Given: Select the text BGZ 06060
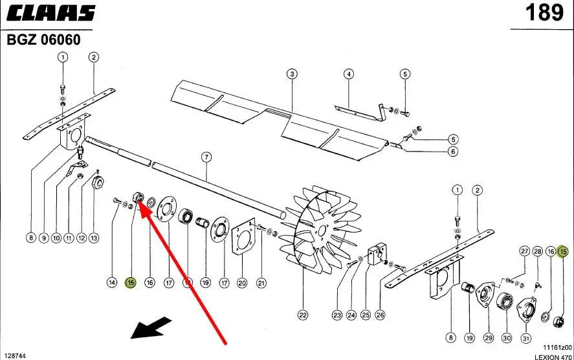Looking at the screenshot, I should (44, 40).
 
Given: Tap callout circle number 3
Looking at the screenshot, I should (293, 74).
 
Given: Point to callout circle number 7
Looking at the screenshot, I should (206, 157).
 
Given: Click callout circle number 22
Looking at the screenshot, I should (302, 315).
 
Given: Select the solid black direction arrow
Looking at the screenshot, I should (151, 328).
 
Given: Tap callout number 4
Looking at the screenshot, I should (349, 74).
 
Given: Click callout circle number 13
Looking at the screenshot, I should (94, 238).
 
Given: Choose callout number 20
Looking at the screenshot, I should (242, 282).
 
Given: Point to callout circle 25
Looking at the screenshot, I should (366, 315).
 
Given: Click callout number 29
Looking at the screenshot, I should (489, 338).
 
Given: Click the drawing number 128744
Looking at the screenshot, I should (16, 356).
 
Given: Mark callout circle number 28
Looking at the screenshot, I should (537, 251).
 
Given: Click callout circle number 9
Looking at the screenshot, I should (44, 238).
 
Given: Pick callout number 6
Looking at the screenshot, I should (452, 152).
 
